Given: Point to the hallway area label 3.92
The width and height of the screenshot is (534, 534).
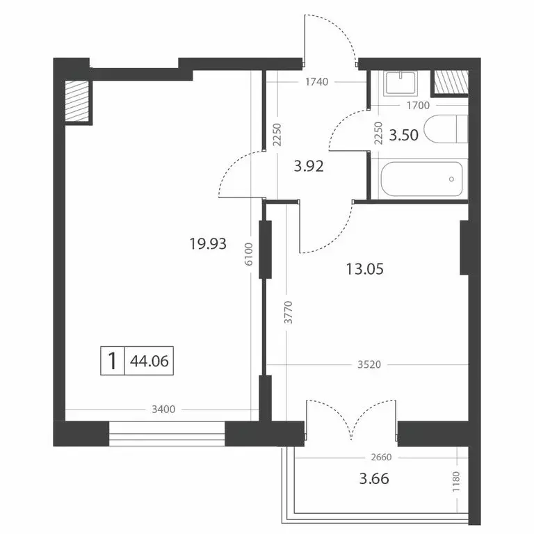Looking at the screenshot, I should point(309,166).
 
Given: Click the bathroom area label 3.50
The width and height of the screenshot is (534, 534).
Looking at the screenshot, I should point(403,135).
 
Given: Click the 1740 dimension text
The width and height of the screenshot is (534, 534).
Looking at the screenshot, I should point(316,82).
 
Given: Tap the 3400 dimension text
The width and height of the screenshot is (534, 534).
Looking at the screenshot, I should point(163,410).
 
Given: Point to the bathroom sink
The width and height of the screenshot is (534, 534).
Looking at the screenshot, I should point(400,83).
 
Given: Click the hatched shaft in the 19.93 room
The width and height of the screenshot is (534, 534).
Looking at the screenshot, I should point(79,102).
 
